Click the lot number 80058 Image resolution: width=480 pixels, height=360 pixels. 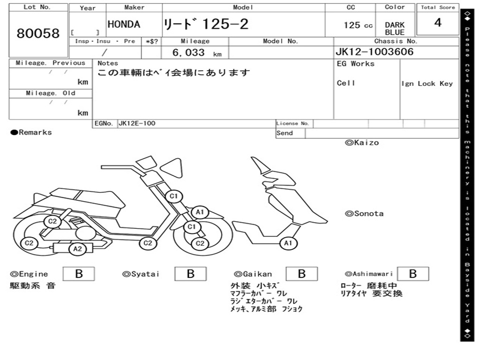[38, 34]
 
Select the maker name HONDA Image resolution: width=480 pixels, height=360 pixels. [124, 25]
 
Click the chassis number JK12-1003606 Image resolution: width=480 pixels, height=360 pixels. [375, 52]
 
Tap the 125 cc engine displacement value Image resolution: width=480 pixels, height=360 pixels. [358, 25]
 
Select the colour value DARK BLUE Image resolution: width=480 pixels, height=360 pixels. [395, 29]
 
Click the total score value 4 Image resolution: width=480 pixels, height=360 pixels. [438, 23]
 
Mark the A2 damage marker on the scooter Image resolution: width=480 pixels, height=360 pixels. [78, 249]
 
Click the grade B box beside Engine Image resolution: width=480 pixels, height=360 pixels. [79, 274]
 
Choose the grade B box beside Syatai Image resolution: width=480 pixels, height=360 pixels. [190, 274]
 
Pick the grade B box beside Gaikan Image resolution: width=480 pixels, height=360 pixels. [302, 274]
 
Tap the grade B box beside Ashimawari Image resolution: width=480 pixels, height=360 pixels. [412, 274]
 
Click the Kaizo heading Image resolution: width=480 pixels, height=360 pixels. [362, 142]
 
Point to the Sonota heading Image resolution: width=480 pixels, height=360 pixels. [364, 214]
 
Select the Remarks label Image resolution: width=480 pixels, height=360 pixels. [31, 133]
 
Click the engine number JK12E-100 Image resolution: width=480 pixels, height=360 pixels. [137, 124]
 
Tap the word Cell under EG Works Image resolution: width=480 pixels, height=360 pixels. [346, 83]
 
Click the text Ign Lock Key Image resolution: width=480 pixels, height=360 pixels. [427, 84]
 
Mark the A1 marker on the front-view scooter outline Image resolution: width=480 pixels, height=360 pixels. [288, 243]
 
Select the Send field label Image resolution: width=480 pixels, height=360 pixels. [285, 133]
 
